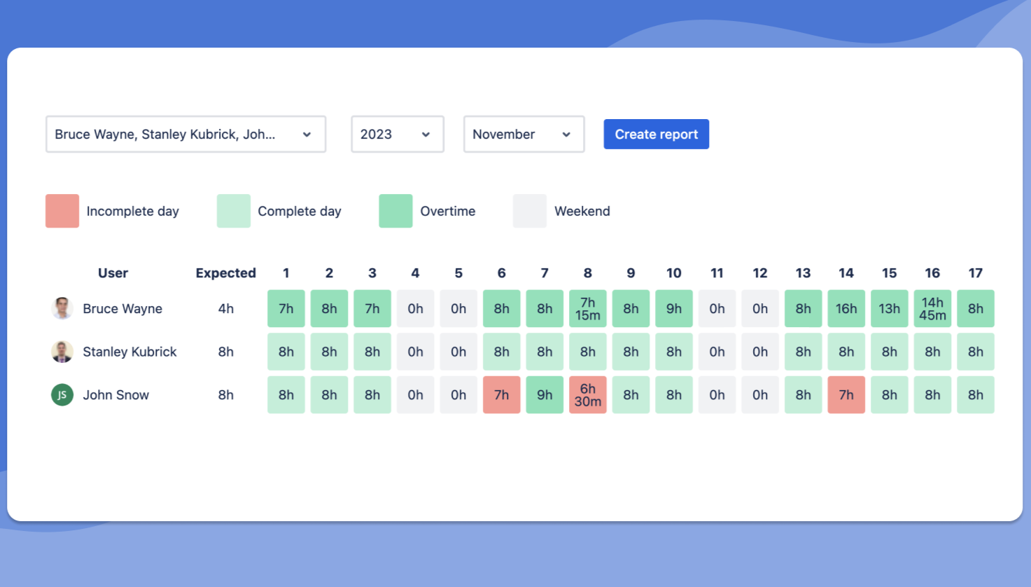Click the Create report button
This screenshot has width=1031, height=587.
pyautogui.click(x=656, y=134)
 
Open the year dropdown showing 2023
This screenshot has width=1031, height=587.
pyautogui.click(x=397, y=134)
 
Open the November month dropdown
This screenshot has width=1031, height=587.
pyautogui.click(x=524, y=134)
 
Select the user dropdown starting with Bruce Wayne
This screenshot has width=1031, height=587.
pyautogui.click(x=185, y=134)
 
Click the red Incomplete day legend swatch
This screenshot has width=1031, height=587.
pyautogui.click(x=62, y=211)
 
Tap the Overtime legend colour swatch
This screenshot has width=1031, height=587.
pyautogui.click(x=395, y=211)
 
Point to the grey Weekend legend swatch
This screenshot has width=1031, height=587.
pyautogui.click(x=530, y=211)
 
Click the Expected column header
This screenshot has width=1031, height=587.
pyautogui.click(x=225, y=273)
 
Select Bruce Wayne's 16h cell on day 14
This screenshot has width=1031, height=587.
pyautogui.click(x=846, y=309)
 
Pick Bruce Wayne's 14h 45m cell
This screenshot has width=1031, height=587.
pyautogui.click(x=932, y=309)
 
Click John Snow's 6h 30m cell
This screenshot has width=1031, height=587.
pyautogui.click(x=588, y=395)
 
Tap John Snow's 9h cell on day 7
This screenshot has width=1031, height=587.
pyautogui.click(x=545, y=395)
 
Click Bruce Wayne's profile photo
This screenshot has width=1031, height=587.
pyautogui.click(x=62, y=308)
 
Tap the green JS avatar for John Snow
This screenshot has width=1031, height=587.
pyautogui.click(x=62, y=395)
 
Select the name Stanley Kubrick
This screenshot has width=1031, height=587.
pyautogui.click(x=129, y=352)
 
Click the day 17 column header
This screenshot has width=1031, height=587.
pyautogui.click(x=975, y=273)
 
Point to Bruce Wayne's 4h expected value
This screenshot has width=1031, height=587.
pyautogui.click(x=225, y=309)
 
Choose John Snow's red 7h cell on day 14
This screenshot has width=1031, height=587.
pyautogui.click(x=846, y=395)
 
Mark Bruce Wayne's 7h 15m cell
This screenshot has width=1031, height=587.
pyautogui.click(x=588, y=309)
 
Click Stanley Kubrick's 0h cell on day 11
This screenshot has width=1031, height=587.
pyautogui.click(x=717, y=352)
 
